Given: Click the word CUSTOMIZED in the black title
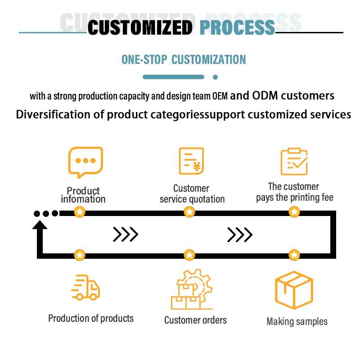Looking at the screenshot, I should (139, 27).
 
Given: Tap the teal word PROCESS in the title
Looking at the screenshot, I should (237, 27).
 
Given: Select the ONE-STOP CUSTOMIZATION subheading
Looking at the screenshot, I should (184, 59).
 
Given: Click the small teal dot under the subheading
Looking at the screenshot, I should (215, 77).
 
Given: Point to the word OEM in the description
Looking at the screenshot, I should (220, 96).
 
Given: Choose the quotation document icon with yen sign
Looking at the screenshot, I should (191, 161).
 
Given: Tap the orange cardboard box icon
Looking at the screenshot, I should (293, 290).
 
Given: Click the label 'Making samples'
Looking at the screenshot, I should (297, 321).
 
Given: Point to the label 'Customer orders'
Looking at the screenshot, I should (195, 320).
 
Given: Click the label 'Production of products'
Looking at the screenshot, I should (91, 318).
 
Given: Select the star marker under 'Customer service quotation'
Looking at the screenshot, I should (189, 211).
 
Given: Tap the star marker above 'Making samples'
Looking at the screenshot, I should (294, 255).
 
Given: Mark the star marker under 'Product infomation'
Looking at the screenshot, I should (80, 211).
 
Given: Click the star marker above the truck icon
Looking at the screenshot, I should (80, 255).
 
